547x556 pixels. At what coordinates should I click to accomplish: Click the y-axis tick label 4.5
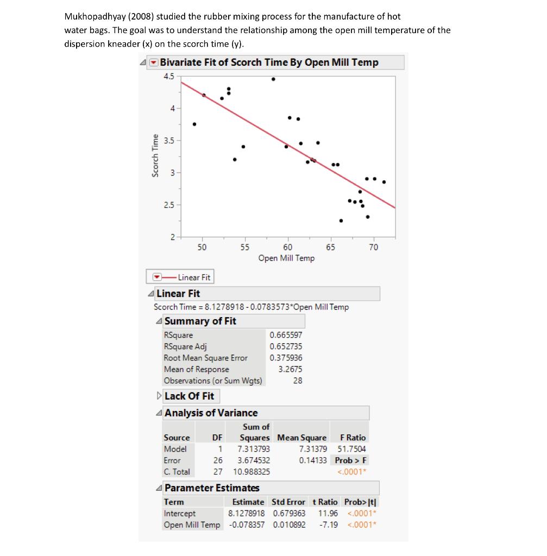tap(168, 76)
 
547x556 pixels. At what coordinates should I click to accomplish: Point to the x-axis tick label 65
tap(331, 247)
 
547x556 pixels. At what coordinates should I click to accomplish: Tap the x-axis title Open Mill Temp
tap(286, 258)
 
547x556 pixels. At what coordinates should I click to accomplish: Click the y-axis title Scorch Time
tap(156, 155)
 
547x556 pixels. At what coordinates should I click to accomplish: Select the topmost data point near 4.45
tap(273, 79)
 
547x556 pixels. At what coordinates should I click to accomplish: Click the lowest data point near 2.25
tap(341, 220)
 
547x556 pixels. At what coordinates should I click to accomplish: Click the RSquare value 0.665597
tap(286, 335)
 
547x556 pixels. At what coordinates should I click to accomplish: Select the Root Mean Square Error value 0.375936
tap(286, 358)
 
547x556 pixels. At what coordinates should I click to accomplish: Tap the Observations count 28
tap(297, 381)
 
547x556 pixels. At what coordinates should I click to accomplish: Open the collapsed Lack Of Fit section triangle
tap(159, 396)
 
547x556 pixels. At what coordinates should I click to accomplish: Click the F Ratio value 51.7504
tap(351, 449)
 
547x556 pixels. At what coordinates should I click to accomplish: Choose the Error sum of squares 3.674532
tap(254, 460)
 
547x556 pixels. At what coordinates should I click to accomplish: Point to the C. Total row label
tap(177, 472)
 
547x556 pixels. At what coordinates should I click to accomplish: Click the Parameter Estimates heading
tap(211, 488)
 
